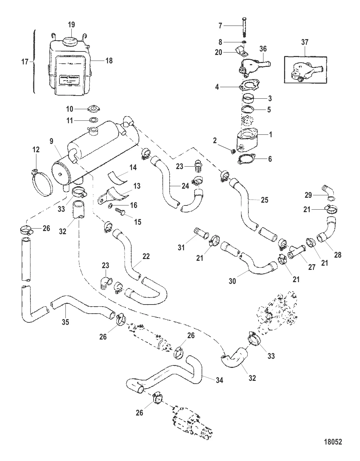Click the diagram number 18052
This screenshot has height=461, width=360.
tap(333, 442)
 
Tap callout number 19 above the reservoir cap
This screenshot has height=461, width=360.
tap(71, 25)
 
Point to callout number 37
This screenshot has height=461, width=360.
tap(305, 42)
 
